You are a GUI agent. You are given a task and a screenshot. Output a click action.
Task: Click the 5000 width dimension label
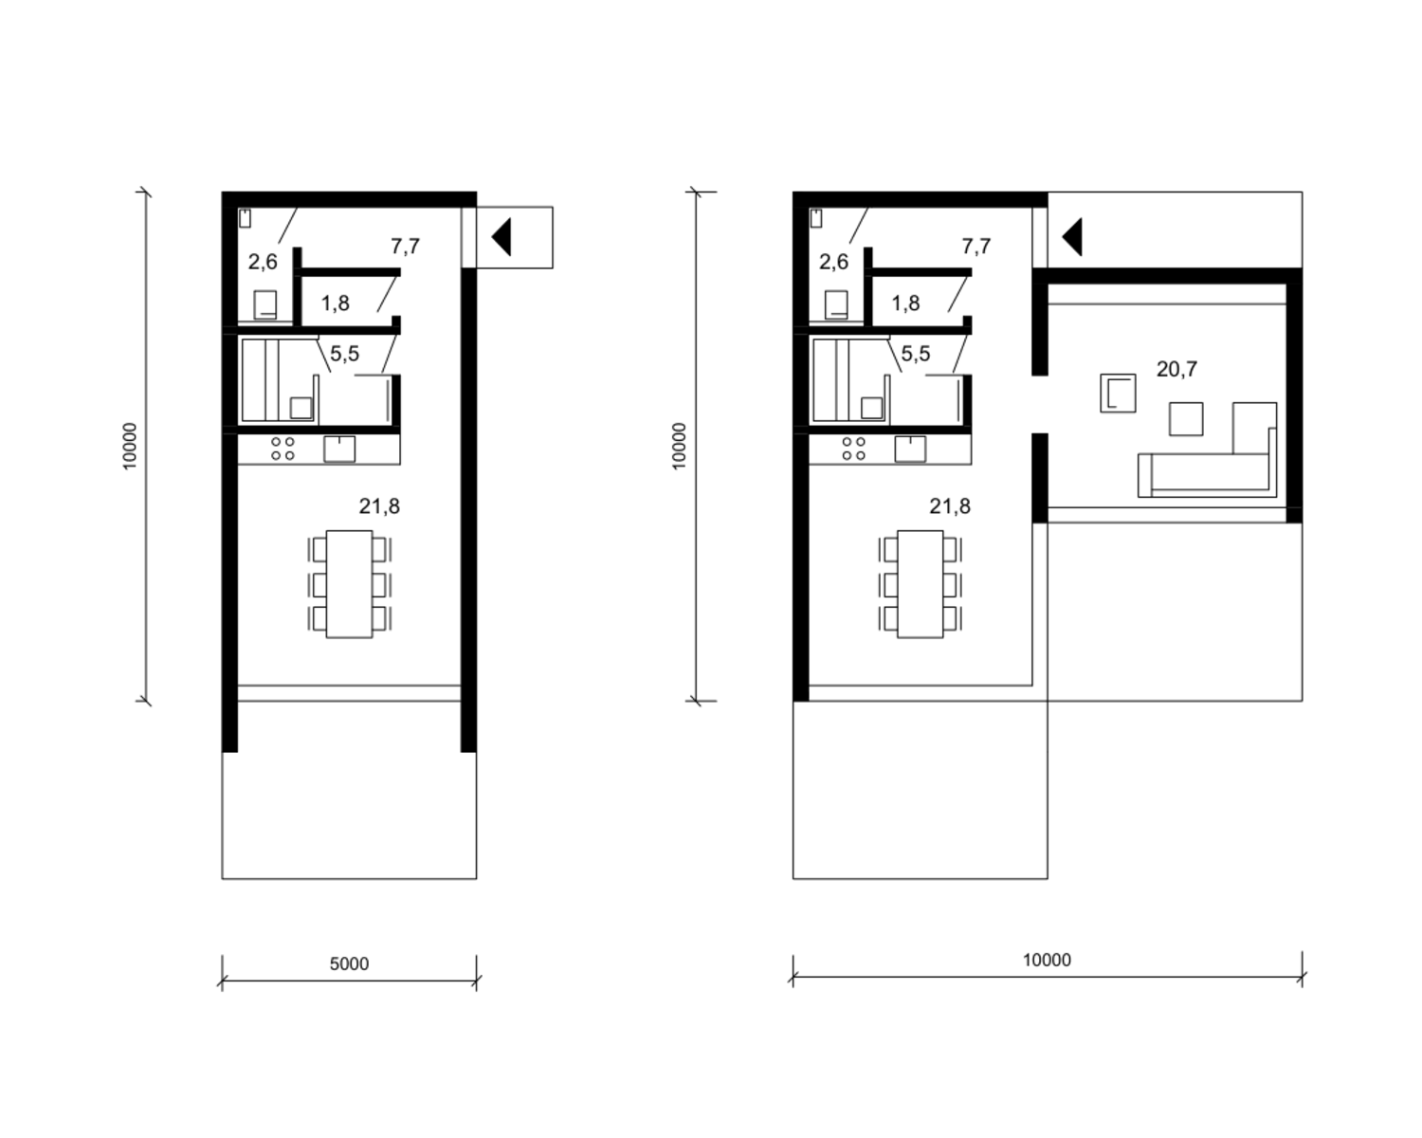[x=349, y=964]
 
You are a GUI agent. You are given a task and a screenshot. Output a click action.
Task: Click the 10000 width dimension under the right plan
[x=1047, y=960]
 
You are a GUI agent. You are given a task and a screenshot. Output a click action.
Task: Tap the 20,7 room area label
[x=1176, y=369]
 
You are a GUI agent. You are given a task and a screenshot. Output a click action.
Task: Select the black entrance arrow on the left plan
[x=501, y=237]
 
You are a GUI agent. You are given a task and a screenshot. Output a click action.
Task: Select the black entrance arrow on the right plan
[x=1072, y=237]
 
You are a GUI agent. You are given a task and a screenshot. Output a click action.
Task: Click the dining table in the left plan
[x=349, y=584]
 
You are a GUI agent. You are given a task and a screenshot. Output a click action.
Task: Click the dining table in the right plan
[x=920, y=584]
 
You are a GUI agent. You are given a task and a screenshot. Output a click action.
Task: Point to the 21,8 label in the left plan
[x=379, y=506]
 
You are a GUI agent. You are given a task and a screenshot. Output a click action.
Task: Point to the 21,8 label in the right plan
[x=950, y=506]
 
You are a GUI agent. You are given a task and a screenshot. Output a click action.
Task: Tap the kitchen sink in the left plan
[x=339, y=449]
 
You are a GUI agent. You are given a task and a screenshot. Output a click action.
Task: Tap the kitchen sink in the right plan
[x=910, y=449]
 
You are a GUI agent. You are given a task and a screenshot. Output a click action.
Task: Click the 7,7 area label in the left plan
[x=405, y=247]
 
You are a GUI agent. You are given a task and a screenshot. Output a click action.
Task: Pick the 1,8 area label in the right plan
[x=905, y=303]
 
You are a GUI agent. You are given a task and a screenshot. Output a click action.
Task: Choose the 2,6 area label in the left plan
[x=263, y=263]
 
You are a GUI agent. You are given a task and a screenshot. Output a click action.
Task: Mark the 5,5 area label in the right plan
[x=915, y=354]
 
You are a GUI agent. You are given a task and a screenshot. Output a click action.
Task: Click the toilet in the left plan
[x=265, y=304]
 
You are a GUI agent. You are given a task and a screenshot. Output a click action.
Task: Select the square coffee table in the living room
[x=1185, y=418]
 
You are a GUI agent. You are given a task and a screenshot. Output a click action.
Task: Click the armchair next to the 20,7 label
[x=1118, y=393]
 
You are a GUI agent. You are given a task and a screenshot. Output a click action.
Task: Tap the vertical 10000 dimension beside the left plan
[x=130, y=447]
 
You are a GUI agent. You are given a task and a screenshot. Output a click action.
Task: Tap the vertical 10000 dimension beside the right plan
[x=680, y=447]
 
